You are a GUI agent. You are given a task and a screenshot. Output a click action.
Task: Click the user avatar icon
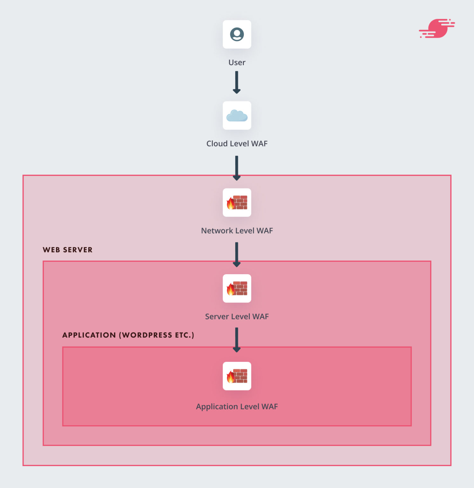[x=237, y=34]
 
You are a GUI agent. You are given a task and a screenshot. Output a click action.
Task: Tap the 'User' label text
[x=237, y=63]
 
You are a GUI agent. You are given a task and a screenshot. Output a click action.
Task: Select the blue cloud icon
[x=237, y=116]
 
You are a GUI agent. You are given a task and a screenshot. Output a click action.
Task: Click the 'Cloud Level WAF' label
[x=237, y=144]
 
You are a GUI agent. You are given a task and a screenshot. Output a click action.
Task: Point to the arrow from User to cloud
[x=237, y=82]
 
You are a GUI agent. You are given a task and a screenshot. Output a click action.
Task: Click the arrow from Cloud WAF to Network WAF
[x=237, y=168]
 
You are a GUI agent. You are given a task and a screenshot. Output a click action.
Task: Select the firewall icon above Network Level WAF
[x=237, y=203]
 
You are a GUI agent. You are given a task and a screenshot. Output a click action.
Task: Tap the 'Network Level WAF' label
[x=237, y=231]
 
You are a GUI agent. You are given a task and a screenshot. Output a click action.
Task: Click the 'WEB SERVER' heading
[x=68, y=250]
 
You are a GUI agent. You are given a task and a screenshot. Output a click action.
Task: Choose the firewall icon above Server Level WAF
[x=237, y=288]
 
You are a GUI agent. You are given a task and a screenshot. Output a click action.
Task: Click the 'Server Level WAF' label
[x=237, y=316]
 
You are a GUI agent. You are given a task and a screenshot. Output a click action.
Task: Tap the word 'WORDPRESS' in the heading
[x=147, y=335]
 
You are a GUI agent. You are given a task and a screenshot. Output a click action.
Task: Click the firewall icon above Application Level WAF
[x=237, y=376]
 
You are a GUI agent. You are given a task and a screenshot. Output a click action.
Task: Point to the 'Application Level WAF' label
[x=237, y=407]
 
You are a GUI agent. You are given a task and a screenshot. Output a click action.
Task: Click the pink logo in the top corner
[x=437, y=28]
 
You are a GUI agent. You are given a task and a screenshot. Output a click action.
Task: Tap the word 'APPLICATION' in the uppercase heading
[x=89, y=335]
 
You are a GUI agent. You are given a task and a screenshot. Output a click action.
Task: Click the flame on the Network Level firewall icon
[x=230, y=203]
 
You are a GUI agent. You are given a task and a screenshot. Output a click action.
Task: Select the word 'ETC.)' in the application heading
[x=184, y=335]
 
